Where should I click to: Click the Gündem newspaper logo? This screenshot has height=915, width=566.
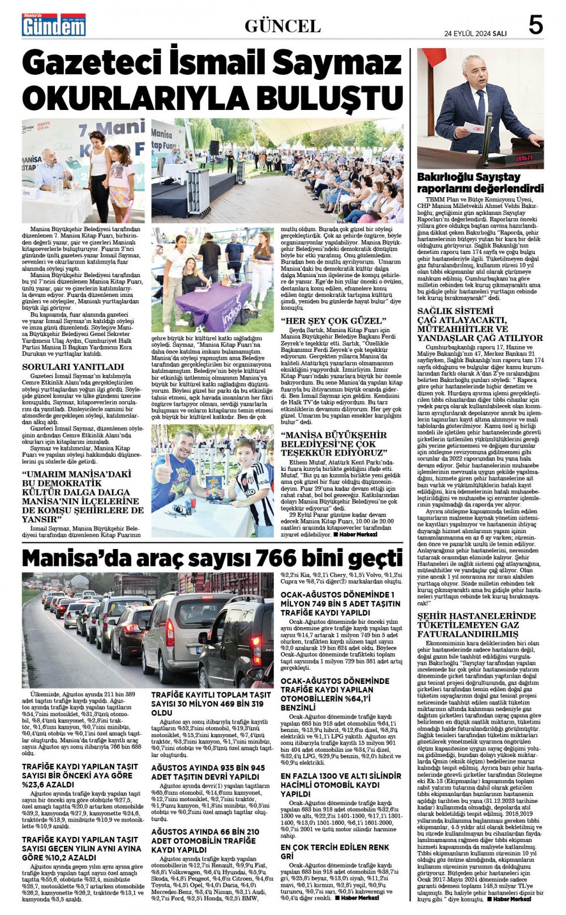coord(54,25)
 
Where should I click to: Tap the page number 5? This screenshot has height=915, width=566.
coord(535,25)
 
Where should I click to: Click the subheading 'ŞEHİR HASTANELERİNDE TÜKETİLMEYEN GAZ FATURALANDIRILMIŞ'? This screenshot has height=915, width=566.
coord(476,625)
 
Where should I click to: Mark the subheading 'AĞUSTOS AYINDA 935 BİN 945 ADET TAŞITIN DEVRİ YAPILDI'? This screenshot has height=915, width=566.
coord(208,772)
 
